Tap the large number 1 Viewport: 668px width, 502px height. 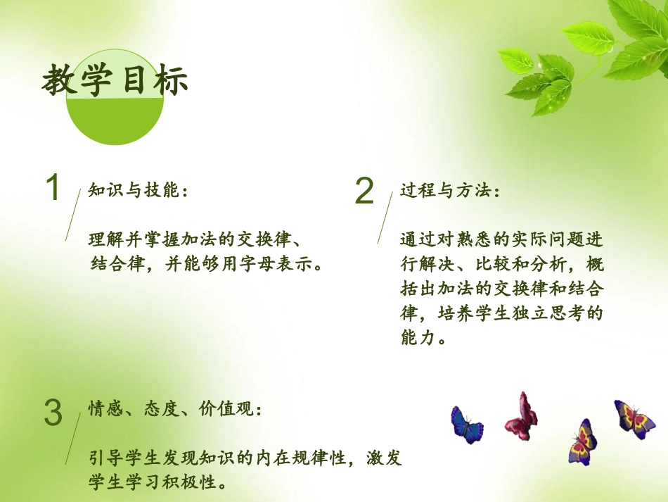click(x=52, y=189)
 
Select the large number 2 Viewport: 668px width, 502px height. click(x=364, y=190)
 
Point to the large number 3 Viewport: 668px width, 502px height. click(x=53, y=413)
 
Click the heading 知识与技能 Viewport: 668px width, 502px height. click(x=138, y=191)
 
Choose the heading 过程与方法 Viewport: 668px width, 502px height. click(x=450, y=191)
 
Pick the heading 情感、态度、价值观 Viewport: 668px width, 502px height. click(x=176, y=409)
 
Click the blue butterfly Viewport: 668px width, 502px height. click(x=466, y=424)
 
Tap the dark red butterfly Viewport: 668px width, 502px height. click(x=521, y=416)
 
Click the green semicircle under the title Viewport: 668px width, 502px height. click(x=115, y=121)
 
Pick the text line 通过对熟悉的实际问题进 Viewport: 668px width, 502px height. click(x=501, y=239)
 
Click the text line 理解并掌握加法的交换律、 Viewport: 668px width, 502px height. click(x=198, y=239)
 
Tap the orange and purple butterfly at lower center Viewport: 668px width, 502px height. click(x=583, y=441)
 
